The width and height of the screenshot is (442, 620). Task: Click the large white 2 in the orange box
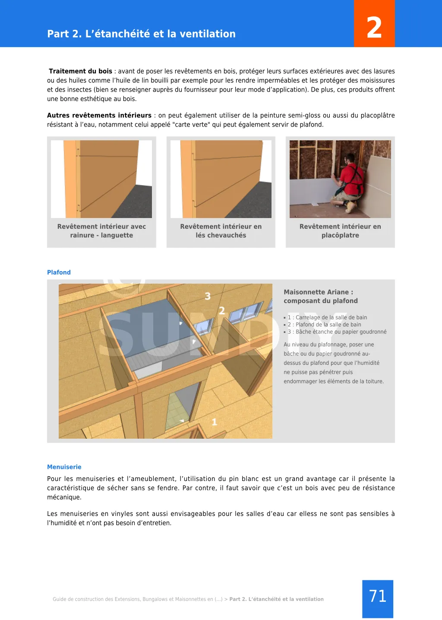(x=374, y=27)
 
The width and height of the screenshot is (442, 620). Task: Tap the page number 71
(x=378, y=596)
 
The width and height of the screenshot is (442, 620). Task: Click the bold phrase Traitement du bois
(x=80, y=71)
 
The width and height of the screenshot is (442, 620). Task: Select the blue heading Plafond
(x=59, y=272)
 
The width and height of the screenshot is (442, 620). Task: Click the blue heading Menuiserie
(x=64, y=467)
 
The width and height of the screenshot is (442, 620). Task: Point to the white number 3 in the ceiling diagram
(x=208, y=296)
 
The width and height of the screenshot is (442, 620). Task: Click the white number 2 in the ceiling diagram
(x=222, y=310)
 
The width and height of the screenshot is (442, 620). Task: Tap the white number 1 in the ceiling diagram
(x=214, y=422)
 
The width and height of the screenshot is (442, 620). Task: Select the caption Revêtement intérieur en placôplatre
(x=340, y=231)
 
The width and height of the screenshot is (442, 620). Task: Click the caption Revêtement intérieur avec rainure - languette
(x=101, y=231)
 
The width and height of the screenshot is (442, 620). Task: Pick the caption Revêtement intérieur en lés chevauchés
(x=221, y=231)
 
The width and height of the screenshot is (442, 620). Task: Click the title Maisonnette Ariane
(x=318, y=292)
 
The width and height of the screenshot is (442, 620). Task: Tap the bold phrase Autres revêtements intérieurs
(x=99, y=115)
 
